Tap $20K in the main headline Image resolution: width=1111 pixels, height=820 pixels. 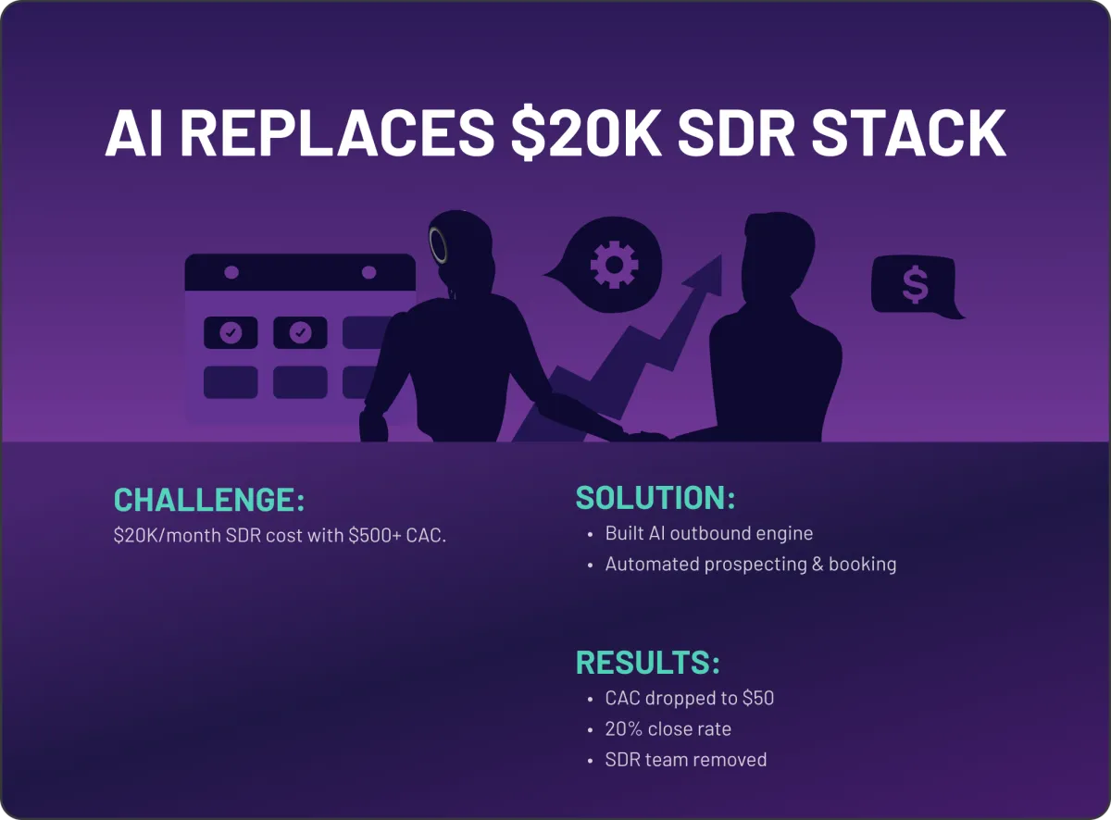(x=586, y=133)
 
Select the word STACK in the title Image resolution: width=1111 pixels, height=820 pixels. (x=908, y=133)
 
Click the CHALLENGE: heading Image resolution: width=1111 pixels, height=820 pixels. (x=209, y=500)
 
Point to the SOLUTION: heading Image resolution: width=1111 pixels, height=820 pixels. (x=655, y=497)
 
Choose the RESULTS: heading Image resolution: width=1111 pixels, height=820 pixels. (x=648, y=663)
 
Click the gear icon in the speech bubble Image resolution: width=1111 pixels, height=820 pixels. (x=614, y=265)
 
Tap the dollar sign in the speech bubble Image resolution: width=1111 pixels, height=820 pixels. (x=915, y=284)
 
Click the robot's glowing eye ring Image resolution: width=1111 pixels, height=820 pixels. (x=438, y=244)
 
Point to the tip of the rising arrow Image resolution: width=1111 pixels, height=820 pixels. (x=721, y=255)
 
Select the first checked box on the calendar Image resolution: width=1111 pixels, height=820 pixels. (x=231, y=332)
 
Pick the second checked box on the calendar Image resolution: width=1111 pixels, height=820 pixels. (x=300, y=332)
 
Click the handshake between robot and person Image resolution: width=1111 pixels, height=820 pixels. (x=646, y=436)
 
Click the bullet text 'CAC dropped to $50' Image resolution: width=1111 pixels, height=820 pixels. (x=689, y=698)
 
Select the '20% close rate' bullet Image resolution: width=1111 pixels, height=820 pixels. (x=668, y=728)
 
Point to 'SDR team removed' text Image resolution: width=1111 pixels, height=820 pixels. (x=686, y=760)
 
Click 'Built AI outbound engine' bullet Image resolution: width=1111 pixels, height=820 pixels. (x=709, y=533)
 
